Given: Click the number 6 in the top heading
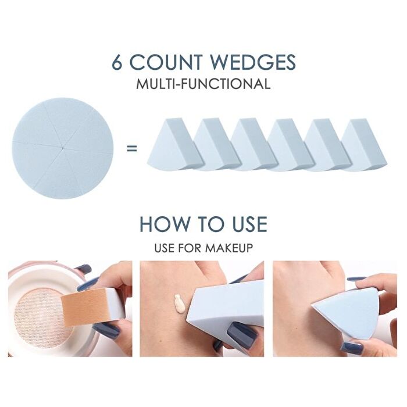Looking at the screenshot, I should pos(117,62).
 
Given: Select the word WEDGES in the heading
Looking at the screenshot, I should pos(254,62).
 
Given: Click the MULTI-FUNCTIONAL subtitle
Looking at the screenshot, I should pos(203,84).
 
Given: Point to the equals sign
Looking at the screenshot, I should pos(131,148).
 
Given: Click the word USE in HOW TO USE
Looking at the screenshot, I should pos(247,224).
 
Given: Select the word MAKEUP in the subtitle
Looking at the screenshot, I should pos(231,248).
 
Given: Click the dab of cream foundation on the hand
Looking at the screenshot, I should pos(180,304).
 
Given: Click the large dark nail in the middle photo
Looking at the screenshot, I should pos(241,335).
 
